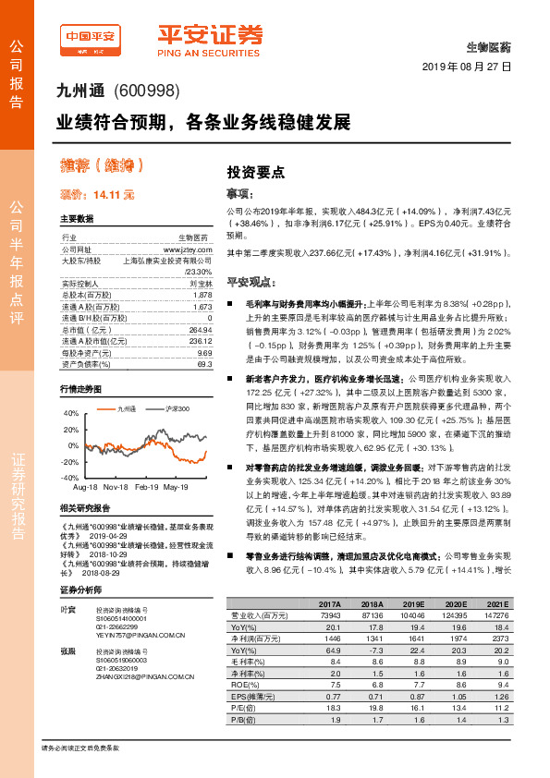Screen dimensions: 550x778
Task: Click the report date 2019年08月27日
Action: [x=467, y=67]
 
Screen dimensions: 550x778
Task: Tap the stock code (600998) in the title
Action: [x=146, y=92]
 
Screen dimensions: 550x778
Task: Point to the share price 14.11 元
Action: [x=114, y=195]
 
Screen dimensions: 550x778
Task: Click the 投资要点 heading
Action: [x=256, y=173]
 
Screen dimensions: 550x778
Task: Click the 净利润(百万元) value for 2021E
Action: [x=500, y=638]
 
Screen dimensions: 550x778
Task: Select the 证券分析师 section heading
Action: [x=79, y=590]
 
